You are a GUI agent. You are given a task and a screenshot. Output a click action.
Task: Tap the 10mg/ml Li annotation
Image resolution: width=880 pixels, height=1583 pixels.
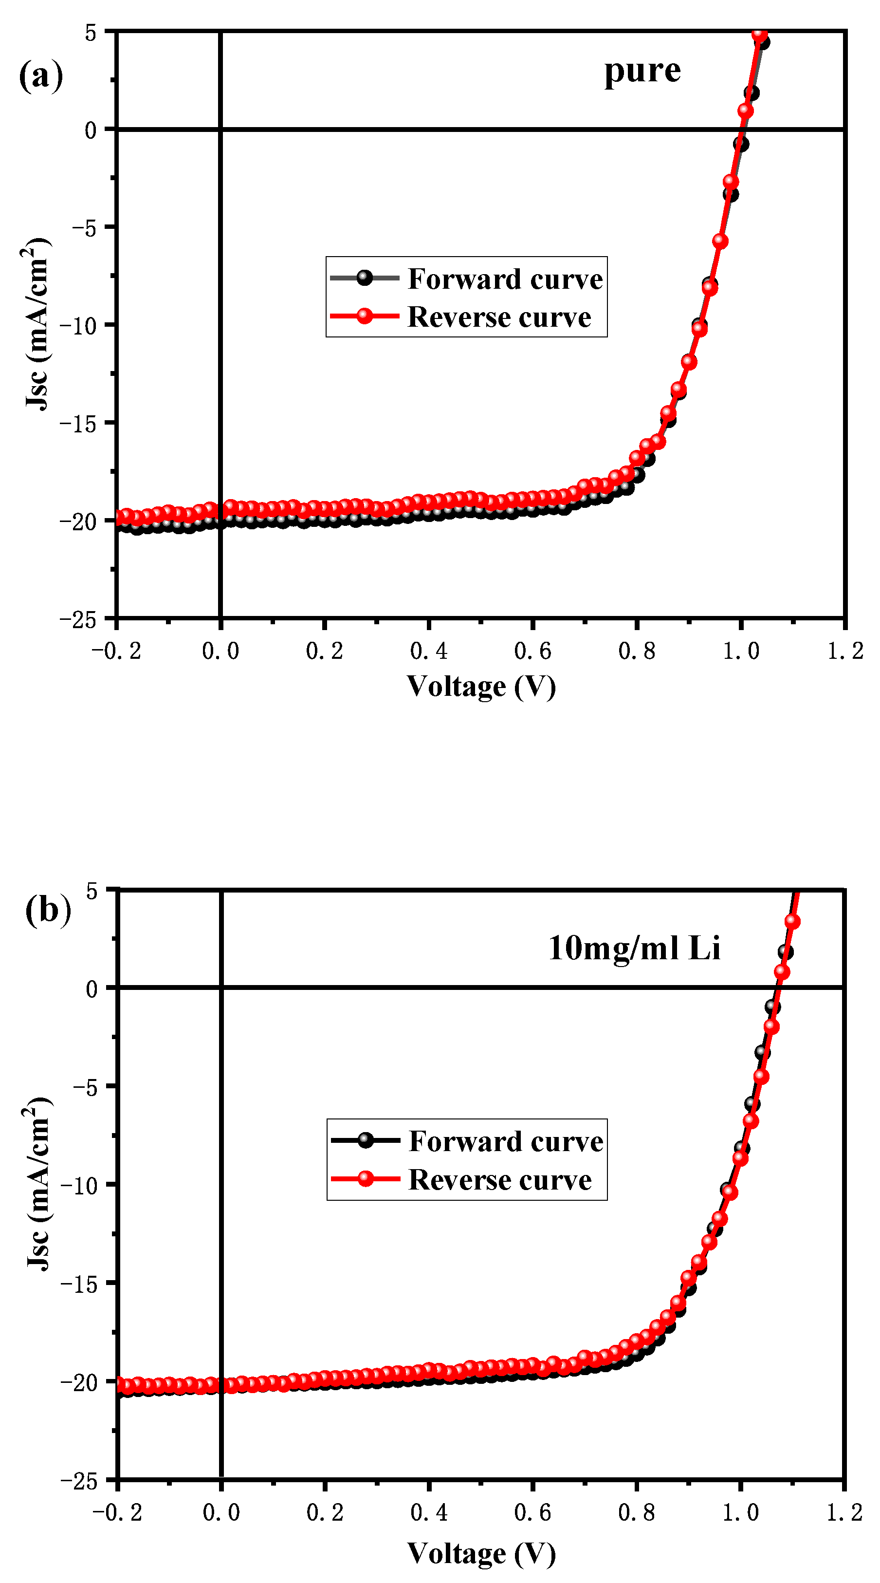(x=634, y=948)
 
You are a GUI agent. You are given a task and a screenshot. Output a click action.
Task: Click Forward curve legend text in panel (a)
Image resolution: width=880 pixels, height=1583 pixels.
(x=505, y=279)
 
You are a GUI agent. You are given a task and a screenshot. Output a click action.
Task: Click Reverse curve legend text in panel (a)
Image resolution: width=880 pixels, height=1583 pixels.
(x=498, y=317)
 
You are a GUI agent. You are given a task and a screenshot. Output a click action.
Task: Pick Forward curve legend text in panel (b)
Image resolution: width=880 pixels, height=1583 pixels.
(x=505, y=1141)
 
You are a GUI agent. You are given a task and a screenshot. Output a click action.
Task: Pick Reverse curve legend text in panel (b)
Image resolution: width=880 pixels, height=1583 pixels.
(x=499, y=1179)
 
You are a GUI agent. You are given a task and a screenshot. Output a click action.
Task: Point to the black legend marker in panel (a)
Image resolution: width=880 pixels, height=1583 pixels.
(x=365, y=278)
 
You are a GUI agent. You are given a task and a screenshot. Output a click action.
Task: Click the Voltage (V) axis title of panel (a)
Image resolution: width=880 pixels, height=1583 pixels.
(x=481, y=687)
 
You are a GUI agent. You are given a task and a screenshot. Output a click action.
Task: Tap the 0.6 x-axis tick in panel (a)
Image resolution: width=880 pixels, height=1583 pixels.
(x=532, y=651)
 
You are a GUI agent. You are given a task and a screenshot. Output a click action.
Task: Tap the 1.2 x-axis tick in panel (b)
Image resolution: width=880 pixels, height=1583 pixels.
(x=844, y=1512)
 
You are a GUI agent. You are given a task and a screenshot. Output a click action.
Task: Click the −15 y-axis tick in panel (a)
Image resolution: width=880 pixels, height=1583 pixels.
(x=78, y=424)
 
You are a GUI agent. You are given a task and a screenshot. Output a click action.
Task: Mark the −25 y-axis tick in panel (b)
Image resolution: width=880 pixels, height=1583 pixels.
(x=78, y=1482)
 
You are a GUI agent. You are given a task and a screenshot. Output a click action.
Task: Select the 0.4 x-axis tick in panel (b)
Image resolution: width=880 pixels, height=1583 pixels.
(x=429, y=1512)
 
